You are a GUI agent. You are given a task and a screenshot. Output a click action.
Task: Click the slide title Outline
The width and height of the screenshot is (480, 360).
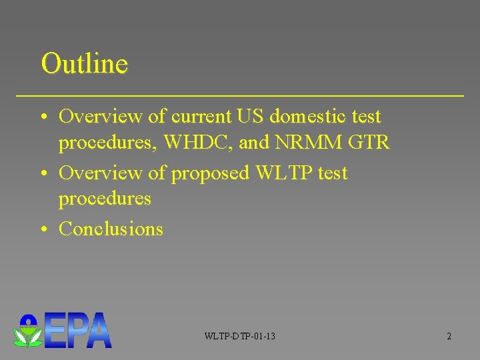click(84, 64)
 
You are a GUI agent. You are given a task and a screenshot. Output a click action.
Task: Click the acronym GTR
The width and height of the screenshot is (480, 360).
click(371, 143)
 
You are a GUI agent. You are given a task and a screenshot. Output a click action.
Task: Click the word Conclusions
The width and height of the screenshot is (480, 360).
click(111, 229)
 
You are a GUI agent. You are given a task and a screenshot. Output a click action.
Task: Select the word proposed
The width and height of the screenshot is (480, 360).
click(210, 174)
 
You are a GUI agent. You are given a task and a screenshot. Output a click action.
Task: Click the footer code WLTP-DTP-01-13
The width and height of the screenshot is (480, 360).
click(240, 336)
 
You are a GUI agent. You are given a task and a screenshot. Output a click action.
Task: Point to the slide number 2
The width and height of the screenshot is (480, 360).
click(449, 336)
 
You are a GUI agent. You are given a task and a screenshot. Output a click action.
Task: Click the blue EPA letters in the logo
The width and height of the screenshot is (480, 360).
click(79, 331)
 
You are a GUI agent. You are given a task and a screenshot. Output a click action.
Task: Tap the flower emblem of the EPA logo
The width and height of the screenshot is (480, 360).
click(28, 331)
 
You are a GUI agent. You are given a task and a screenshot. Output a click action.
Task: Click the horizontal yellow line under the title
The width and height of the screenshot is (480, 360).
click(240, 97)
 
